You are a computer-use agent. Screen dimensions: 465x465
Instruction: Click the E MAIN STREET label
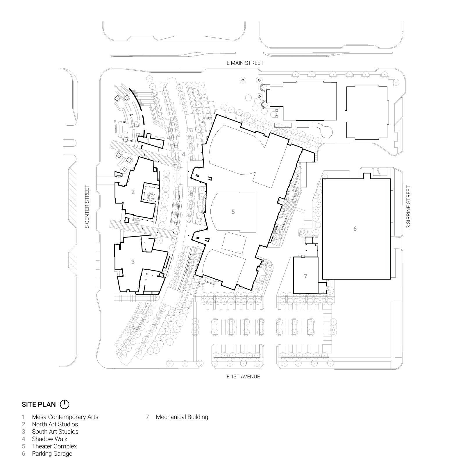pyautogui.click(x=245, y=63)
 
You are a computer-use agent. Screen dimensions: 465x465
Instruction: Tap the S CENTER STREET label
pyautogui.click(x=87, y=207)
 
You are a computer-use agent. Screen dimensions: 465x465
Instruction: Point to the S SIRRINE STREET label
pyautogui.click(x=409, y=207)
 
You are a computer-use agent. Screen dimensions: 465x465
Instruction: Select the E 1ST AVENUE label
pyautogui.click(x=243, y=377)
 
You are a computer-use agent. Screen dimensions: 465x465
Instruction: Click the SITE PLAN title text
pyautogui.click(x=39, y=404)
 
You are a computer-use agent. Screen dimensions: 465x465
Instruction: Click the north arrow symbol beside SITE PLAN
pyautogui.click(x=65, y=404)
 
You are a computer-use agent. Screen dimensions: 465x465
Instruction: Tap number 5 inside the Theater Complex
pyautogui.click(x=233, y=212)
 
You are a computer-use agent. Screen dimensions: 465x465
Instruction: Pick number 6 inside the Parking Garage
pyautogui.click(x=355, y=229)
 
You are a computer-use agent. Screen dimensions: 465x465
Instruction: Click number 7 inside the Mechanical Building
pyautogui.click(x=305, y=276)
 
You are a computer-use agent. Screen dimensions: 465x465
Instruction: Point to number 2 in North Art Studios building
pyautogui.click(x=133, y=192)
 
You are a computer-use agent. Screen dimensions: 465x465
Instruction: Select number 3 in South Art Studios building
pyautogui.click(x=133, y=262)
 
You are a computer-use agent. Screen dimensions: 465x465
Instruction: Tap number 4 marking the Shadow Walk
pyautogui.click(x=183, y=155)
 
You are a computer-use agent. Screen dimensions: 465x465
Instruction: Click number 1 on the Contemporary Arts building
pyautogui.click(x=148, y=141)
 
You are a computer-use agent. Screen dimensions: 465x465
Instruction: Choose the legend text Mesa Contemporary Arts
pyautogui.click(x=65, y=417)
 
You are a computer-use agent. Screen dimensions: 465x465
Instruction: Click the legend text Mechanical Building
pyautogui.click(x=182, y=417)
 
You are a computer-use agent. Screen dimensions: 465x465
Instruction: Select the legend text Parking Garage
pyautogui.click(x=52, y=454)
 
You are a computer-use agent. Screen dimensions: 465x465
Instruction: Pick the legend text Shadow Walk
pyautogui.click(x=50, y=439)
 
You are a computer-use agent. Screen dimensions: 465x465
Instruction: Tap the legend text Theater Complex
pyautogui.click(x=54, y=446)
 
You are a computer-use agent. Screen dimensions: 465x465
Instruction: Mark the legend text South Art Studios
pyautogui.click(x=55, y=432)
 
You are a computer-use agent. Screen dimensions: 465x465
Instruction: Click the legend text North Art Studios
pyautogui.click(x=55, y=424)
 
